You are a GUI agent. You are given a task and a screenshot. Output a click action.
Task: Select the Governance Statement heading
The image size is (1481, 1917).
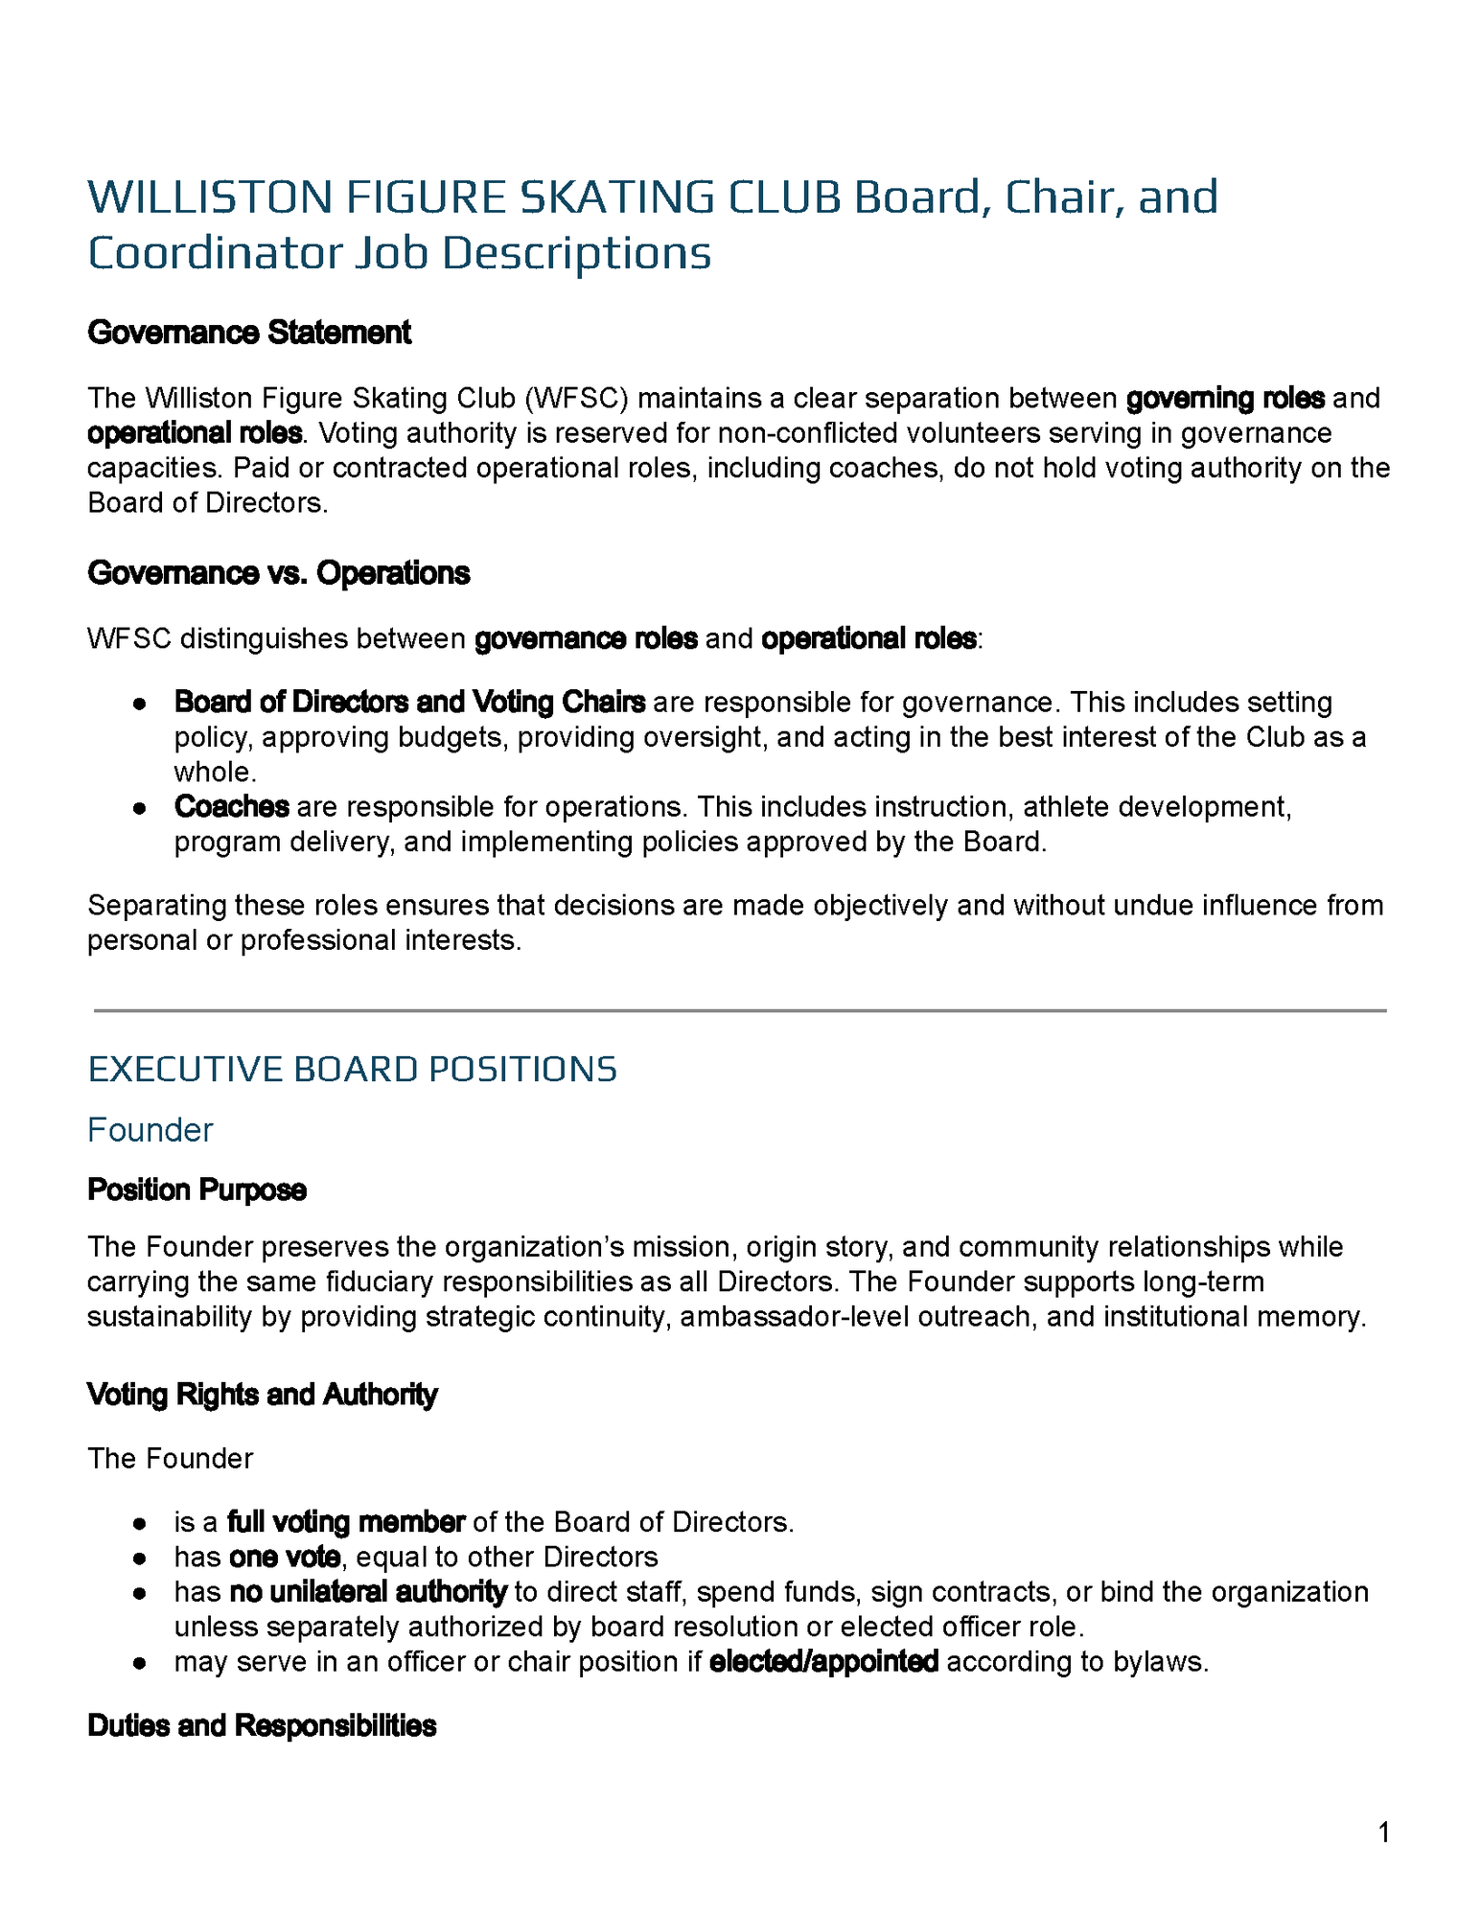point(249,333)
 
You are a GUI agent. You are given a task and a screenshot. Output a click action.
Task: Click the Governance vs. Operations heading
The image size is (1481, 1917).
point(278,573)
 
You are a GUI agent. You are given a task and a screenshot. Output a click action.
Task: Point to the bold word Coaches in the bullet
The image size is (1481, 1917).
point(232,807)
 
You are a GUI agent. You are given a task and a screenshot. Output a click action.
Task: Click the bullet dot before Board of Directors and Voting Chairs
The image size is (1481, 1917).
point(140,704)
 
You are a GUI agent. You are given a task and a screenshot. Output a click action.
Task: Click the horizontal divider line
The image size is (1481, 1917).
point(740,1010)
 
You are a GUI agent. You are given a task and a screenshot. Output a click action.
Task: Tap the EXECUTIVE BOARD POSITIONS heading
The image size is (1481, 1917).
point(352,1070)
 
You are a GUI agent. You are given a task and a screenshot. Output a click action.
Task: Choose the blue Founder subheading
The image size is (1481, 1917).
point(150,1130)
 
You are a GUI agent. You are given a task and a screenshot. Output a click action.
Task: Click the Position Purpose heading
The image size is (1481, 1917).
point(197,1190)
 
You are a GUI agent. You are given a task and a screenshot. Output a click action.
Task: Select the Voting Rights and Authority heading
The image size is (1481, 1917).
point(262,1395)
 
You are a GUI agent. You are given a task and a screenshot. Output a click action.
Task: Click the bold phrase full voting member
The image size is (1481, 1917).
point(346,1522)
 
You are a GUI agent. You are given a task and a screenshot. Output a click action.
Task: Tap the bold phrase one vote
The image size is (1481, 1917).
point(285,1557)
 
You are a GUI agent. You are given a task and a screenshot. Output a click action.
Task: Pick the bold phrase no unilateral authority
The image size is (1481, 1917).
point(368,1592)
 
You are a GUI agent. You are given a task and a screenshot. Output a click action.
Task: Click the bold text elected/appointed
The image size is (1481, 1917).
point(823,1662)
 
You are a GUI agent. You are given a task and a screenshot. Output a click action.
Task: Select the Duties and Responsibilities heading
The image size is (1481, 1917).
point(262,1726)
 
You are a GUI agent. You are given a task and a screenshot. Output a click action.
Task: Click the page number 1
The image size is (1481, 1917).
point(1383,1834)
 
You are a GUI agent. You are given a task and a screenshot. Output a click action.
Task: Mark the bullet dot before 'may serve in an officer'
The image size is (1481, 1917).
point(140,1663)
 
